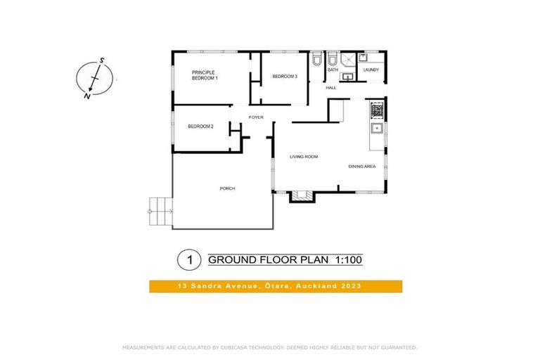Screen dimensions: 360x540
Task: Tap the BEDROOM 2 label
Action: tap(200, 127)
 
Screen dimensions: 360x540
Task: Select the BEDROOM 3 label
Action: tap(285, 76)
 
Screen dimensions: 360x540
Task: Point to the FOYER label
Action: tap(256, 117)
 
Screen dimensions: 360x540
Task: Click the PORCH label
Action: tap(227, 188)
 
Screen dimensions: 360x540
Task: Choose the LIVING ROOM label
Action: tap(304, 157)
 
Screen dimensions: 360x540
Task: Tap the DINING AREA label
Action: tap(362, 167)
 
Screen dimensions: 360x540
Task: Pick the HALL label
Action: tap(330, 88)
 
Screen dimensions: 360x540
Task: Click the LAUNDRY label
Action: tap(371, 70)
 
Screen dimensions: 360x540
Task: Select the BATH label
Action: tap(333, 70)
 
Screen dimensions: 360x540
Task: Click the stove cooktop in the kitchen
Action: tap(377, 110)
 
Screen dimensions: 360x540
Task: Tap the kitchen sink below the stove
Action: tap(377, 128)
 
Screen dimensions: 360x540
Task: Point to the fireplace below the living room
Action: tap(301, 197)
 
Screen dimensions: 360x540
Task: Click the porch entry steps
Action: tap(160, 210)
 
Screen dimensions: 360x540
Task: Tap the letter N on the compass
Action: tap(86, 97)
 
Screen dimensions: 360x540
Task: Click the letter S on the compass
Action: tap(102, 61)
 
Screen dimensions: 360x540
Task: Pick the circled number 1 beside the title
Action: tap(189, 260)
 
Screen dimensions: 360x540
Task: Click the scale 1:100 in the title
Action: tap(347, 260)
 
